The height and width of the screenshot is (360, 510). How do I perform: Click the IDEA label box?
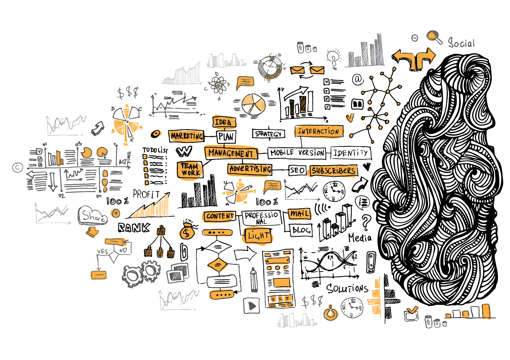(224, 122)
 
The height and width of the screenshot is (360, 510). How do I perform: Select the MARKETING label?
(186, 136)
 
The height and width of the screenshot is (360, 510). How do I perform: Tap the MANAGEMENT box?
(230, 153)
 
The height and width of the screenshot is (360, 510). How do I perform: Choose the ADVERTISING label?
(250, 169)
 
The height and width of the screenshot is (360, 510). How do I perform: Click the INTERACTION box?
(318, 132)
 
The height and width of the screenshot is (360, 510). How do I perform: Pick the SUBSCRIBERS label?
(333, 171)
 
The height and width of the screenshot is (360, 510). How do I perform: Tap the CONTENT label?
(219, 216)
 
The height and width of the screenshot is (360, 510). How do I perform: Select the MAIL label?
(299, 214)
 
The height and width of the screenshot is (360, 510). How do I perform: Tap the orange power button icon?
(330, 313)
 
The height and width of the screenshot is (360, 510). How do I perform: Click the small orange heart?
(349, 118)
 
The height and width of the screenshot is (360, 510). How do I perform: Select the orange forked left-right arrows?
(414, 58)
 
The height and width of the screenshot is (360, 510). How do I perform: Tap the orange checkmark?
(411, 310)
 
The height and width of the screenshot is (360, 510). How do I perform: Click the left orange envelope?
(297, 70)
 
